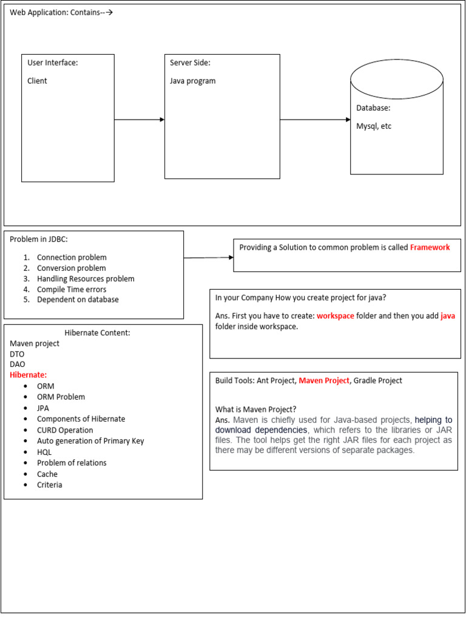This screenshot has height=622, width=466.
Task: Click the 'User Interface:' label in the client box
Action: [x=53, y=63]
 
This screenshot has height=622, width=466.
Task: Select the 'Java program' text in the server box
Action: [x=192, y=81]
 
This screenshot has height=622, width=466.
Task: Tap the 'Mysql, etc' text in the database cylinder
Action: [x=374, y=126]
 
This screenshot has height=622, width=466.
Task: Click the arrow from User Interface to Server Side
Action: [x=140, y=120]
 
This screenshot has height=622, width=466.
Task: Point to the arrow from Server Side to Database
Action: [x=315, y=120]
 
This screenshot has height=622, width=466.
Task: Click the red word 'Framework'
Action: [x=430, y=247]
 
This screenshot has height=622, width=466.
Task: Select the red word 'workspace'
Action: [x=336, y=316]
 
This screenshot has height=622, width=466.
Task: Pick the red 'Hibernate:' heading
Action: [x=28, y=375]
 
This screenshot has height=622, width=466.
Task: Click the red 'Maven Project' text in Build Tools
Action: [x=324, y=380]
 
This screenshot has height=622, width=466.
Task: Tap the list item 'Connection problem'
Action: [x=72, y=257]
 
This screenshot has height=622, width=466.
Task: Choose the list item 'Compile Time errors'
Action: [x=72, y=289]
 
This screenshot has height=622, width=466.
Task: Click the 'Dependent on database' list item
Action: [x=78, y=299]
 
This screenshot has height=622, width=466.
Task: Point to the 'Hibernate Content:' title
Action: [x=97, y=332]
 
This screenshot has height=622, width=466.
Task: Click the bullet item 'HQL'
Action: [x=44, y=452]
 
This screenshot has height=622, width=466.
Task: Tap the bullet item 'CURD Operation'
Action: [x=65, y=430]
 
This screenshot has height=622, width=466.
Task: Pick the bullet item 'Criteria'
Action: [x=50, y=485]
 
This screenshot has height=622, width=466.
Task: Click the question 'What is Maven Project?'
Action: [x=256, y=409]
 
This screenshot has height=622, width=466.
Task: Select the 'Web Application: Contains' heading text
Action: [x=56, y=12]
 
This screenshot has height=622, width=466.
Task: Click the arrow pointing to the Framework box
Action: [x=209, y=258]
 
